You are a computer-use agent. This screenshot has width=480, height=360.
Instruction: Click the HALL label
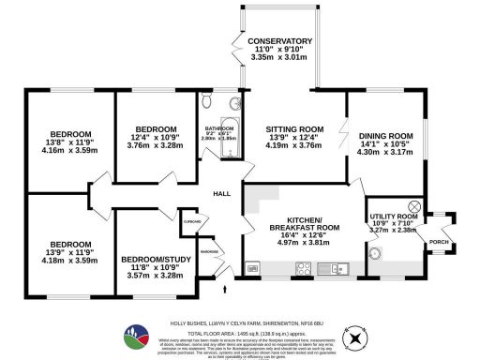coord(221,194)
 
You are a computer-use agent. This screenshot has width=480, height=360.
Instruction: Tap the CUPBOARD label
coord(192,223)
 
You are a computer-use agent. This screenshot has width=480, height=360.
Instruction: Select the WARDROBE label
coord(210,250)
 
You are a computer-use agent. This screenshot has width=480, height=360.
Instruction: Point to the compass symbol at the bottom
coord(353,336)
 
